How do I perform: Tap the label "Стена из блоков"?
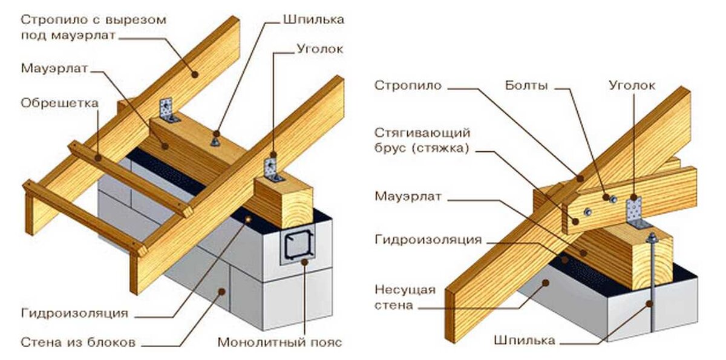tap(77, 342)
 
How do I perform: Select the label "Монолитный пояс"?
tap(280, 342)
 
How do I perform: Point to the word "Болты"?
tap(526, 86)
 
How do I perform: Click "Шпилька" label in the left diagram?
tap(313, 19)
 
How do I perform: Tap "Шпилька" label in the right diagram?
tap(524, 341)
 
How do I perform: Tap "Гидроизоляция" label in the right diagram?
tap(427, 240)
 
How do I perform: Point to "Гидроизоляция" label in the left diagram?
tap(74, 313)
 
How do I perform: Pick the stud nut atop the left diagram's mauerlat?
tap(215, 141)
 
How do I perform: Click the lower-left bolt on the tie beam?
tap(586, 211)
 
